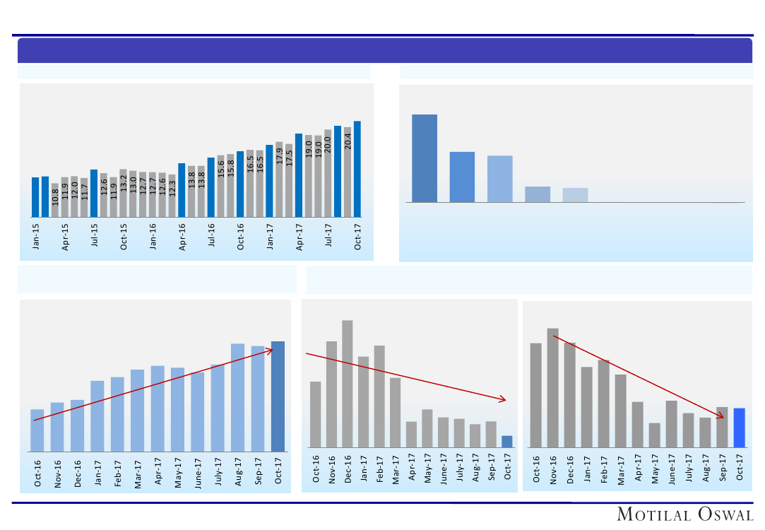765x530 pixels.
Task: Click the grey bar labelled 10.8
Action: (x=55, y=200)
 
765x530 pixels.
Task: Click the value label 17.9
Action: (x=279, y=155)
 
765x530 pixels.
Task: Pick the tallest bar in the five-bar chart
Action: (x=425, y=158)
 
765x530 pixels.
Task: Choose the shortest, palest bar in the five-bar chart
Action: (x=575, y=195)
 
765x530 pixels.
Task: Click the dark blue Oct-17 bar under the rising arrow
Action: (x=278, y=396)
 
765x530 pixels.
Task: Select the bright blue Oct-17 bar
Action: (x=740, y=428)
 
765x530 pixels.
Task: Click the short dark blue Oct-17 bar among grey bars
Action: (x=507, y=442)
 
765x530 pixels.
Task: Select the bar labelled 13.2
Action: (x=124, y=193)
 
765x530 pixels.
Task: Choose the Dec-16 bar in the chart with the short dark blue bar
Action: (x=348, y=384)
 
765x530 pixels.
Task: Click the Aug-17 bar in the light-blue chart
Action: (x=238, y=397)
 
